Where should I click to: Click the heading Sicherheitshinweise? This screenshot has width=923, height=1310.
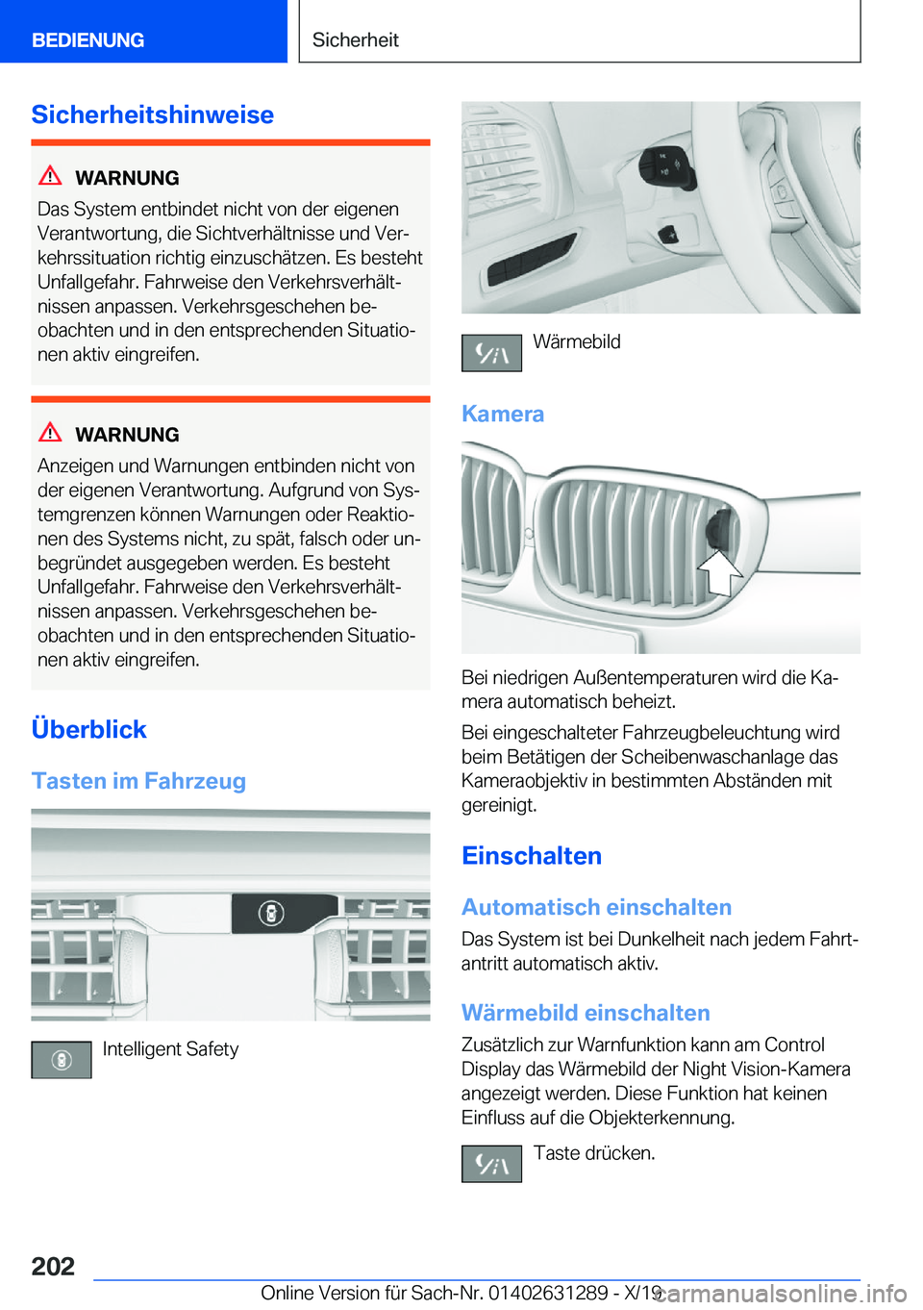(x=152, y=114)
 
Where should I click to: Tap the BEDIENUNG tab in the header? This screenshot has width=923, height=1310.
(x=87, y=40)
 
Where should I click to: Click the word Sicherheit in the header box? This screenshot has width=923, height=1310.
(x=355, y=40)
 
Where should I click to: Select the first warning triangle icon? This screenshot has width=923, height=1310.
(x=50, y=176)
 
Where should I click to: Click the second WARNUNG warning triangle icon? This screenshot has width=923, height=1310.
(x=50, y=433)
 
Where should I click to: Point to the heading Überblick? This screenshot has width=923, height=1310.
(x=88, y=729)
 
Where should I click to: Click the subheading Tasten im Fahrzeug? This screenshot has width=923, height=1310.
(x=138, y=781)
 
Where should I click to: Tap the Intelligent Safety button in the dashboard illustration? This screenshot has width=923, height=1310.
(x=272, y=913)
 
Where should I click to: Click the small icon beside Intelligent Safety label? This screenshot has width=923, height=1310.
(x=62, y=1060)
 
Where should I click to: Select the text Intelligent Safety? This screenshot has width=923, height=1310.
(x=170, y=1049)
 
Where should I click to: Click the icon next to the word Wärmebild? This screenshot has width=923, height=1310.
(x=491, y=353)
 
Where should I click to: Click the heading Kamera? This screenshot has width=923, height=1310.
(x=503, y=414)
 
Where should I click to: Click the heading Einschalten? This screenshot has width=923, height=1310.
(x=532, y=856)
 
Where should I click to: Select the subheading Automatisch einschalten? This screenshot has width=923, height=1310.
(x=596, y=907)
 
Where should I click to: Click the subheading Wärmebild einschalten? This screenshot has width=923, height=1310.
(x=586, y=1013)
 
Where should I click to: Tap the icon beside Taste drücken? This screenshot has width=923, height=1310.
(x=491, y=1164)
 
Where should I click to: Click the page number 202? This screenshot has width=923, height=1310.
(x=53, y=1266)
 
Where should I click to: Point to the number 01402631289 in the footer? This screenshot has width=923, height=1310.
(x=548, y=1293)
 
